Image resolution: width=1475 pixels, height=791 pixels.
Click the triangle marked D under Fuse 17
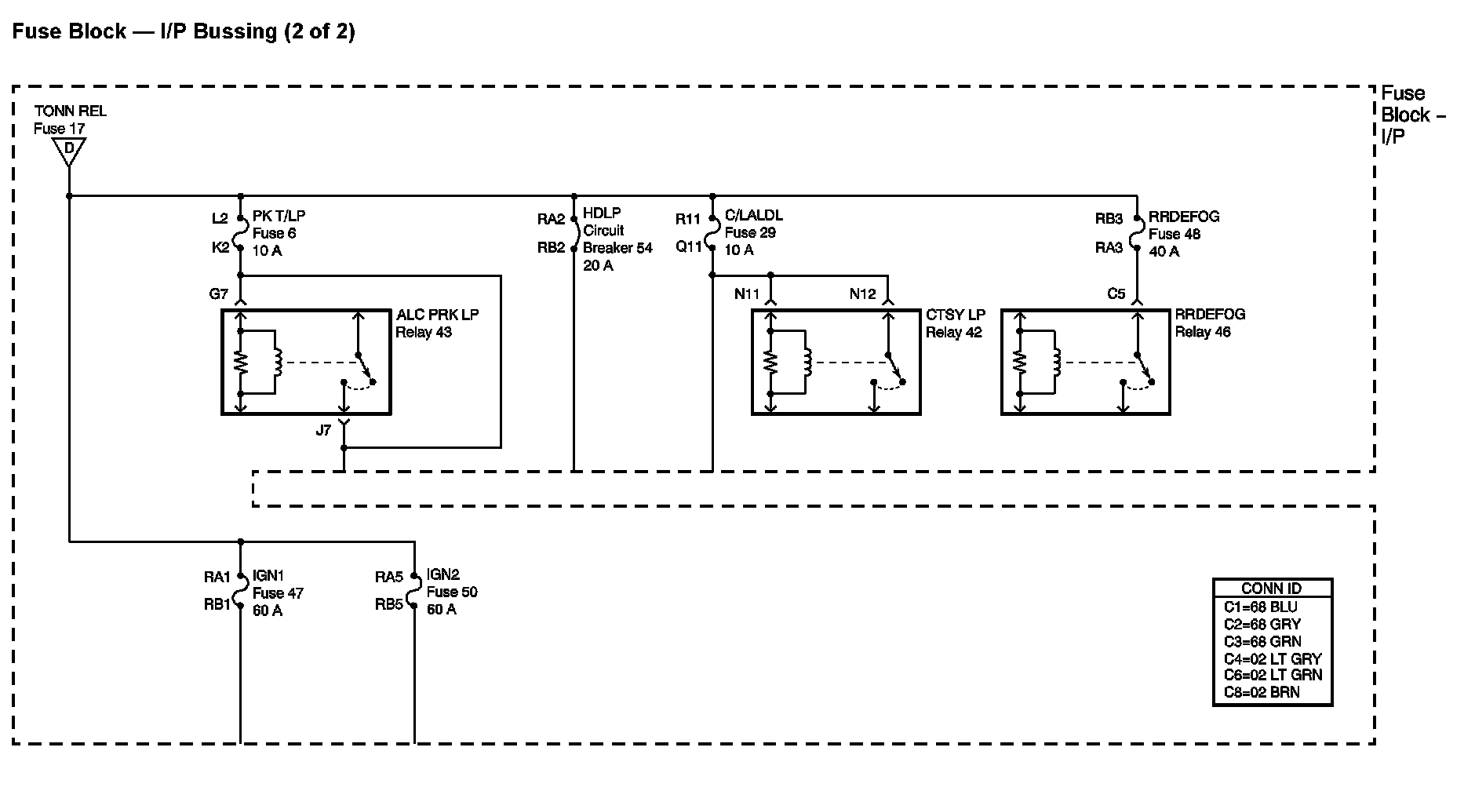click(x=69, y=149)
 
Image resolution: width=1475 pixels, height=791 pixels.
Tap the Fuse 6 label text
click(x=274, y=233)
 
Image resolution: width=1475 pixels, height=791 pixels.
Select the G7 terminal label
click(x=218, y=294)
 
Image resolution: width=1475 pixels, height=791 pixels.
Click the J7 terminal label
click(x=323, y=430)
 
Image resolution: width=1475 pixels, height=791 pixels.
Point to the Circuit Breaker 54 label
click(x=617, y=239)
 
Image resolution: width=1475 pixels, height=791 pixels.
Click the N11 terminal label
click(x=747, y=294)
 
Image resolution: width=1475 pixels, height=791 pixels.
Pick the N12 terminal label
click(x=862, y=294)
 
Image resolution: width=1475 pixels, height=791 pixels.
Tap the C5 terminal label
click(x=1116, y=294)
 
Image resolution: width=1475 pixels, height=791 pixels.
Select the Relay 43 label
click(x=424, y=332)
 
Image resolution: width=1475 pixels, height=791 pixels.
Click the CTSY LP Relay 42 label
click(x=954, y=323)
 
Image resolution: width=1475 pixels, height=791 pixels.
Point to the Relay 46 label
click(x=1203, y=332)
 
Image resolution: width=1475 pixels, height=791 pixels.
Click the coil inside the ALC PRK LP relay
click(x=276, y=362)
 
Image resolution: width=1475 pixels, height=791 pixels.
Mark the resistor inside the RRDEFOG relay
click(x=1019, y=362)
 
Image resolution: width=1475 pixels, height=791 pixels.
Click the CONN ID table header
click(x=1271, y=589)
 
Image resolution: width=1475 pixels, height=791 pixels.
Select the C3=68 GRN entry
click(x=1262, y=641)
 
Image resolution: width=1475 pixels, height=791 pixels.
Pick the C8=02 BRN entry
click(x=1261, y=692)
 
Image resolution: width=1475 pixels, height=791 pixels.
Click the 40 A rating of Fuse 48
click(x=1164, y=251)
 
